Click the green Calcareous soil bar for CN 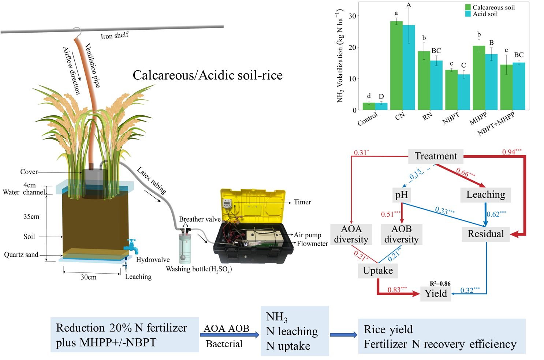[x=396, y=66]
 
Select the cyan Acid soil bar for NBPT [x=464, y=92]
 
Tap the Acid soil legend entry [x=485, y=14]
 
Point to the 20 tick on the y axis [x=352, y=47]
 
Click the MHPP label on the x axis [x=478, y=119]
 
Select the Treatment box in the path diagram [x=436, y=156]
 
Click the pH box [x=402, y=195]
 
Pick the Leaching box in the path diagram [x=485, y=195]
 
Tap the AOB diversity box [x=402, y=234]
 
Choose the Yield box [x=436, y=293]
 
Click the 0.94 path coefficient [x=512, y=152]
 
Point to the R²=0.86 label [x=440, y=283]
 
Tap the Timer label [x=302, y=202]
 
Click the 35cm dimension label [x=31, y=216]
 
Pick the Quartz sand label [x=21, y=255]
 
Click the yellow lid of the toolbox [x=253, y=205]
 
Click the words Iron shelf [x=115, y=36]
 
